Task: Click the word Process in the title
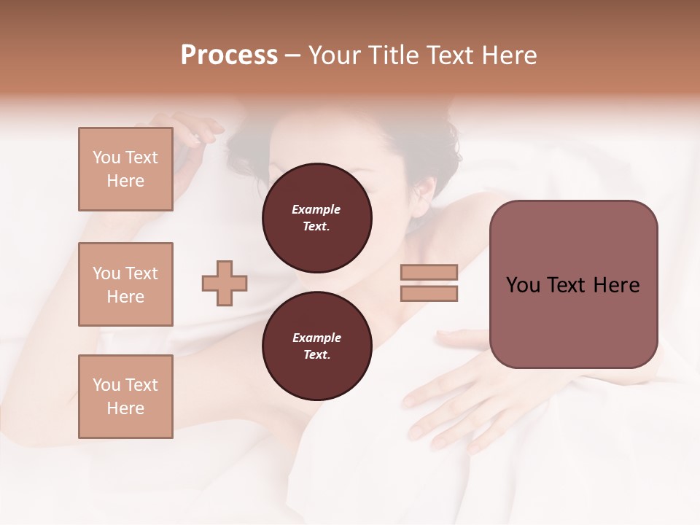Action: coord(229,55)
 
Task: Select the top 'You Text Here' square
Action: coord(125,169)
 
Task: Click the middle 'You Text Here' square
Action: coord(125,284)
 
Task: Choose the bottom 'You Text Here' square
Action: coord(125,397)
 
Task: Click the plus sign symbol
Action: coord(225,283)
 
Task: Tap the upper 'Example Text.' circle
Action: coord(316,217)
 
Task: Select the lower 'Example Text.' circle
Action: coord(316,346)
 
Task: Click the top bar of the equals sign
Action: coord(429,273)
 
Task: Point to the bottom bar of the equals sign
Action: coord(429,293)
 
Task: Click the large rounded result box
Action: coord(573,284)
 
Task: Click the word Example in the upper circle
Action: coord(316,209)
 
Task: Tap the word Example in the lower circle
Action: coord(316,338)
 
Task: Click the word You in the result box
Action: coord(523,285)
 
